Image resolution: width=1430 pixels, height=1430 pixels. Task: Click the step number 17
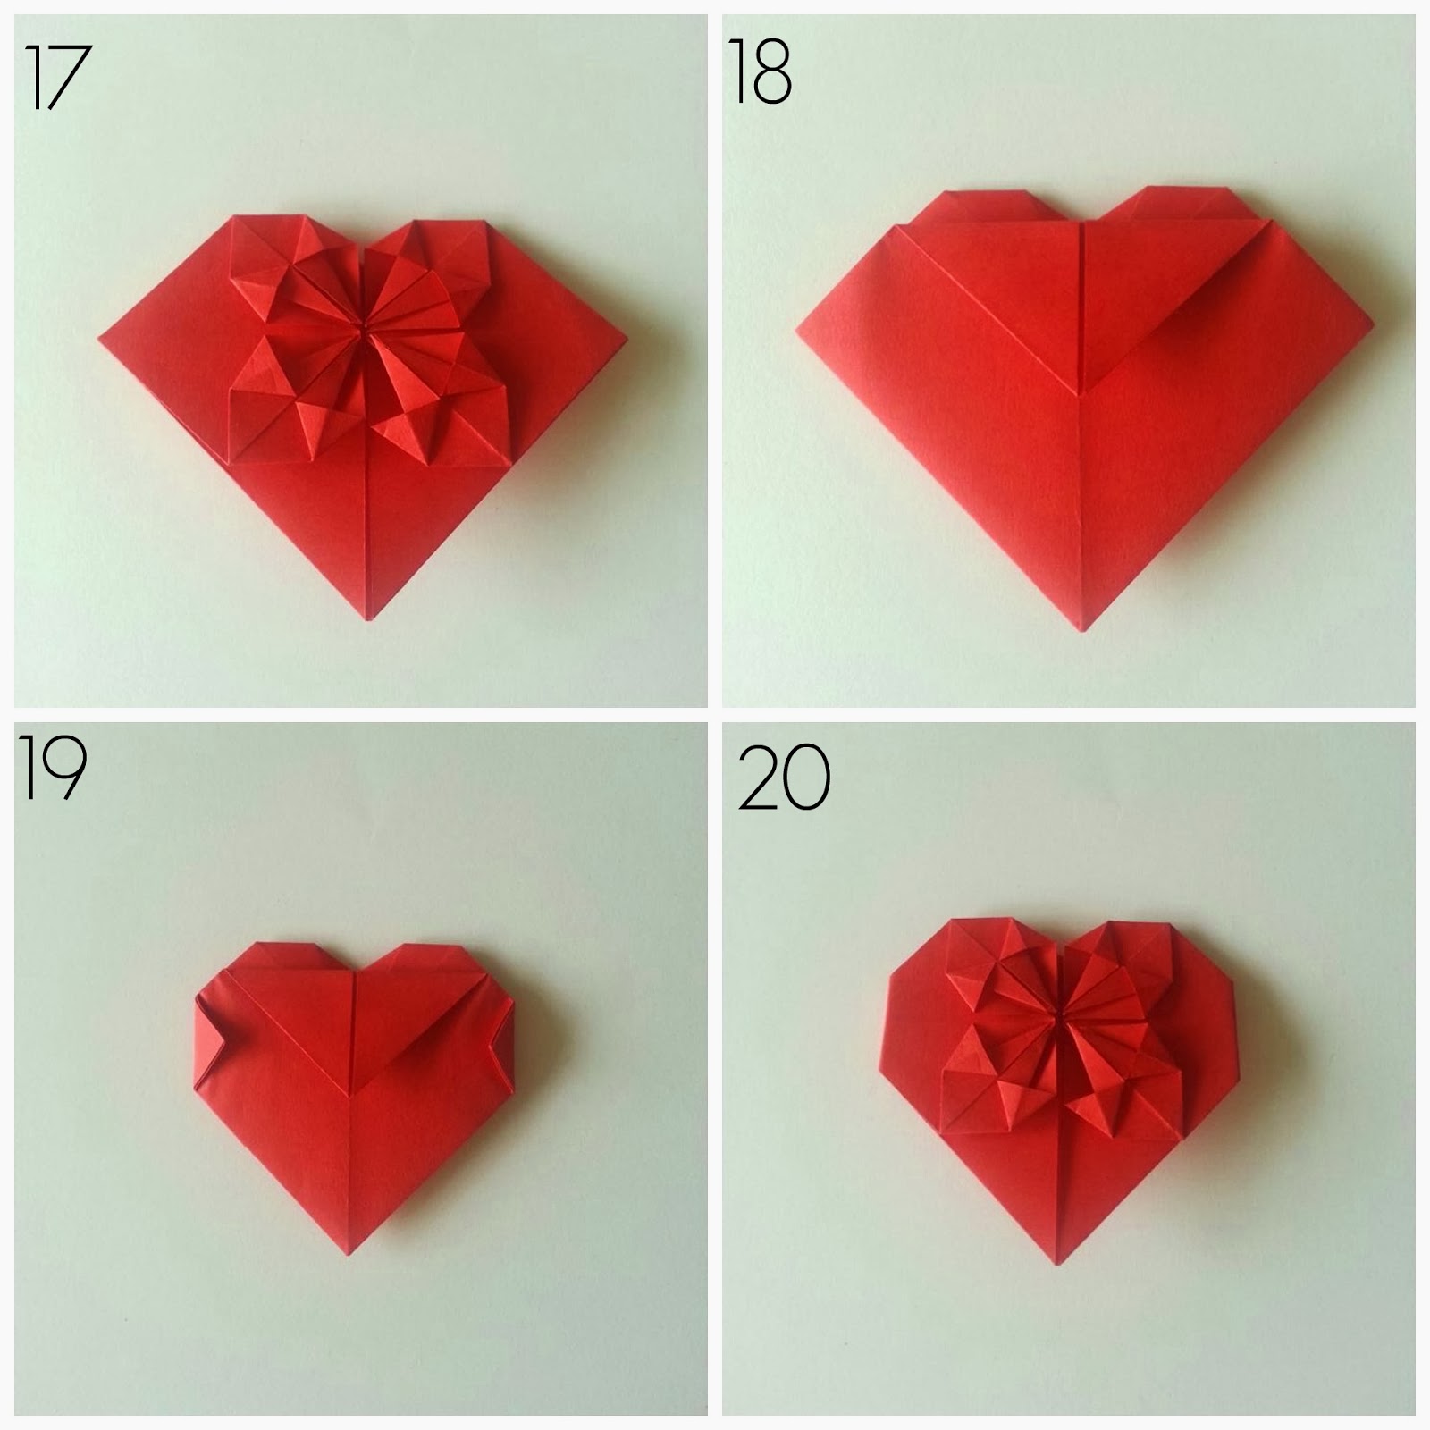click(59, 78)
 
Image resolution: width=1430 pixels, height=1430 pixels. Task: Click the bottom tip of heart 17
click(368, 619)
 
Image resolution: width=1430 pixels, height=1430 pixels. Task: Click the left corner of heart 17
click(100, 338)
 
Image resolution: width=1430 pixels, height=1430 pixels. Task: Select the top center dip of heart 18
click(1082, 222)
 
